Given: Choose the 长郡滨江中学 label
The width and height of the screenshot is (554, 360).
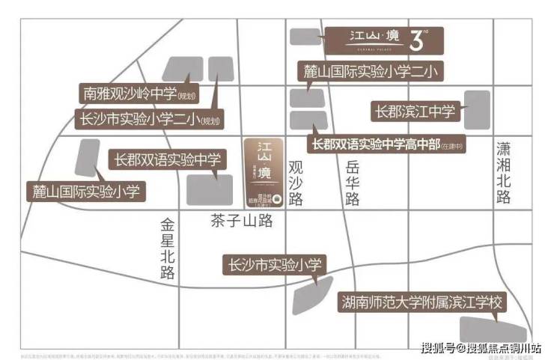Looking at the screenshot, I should click(x=415, y=112).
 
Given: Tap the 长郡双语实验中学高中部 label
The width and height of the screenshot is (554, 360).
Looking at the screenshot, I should click(x=388, y=144).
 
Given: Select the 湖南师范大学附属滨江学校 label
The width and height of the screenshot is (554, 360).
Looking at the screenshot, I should click(x=421, y=303).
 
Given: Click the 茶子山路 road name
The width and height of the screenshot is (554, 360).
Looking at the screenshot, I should click(x=241, y=221).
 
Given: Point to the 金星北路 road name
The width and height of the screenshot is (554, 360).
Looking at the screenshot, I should click(x=167, y=248).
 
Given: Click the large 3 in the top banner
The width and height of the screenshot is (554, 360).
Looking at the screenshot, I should click(x=417, y=41).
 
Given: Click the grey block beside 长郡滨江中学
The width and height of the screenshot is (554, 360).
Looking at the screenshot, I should click(x=476, y=111).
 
